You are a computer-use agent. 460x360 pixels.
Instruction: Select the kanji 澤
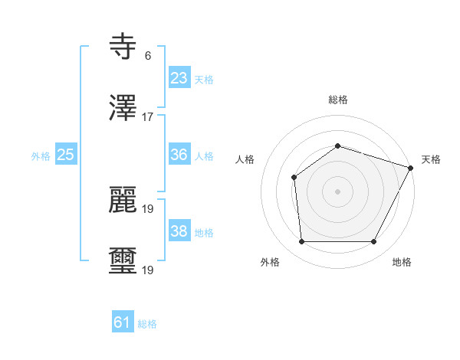click(x=123, y=109)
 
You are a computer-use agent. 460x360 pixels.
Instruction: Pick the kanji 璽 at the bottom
click(x=123, y=262)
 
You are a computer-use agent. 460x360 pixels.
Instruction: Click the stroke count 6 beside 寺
click(x=147, y=56)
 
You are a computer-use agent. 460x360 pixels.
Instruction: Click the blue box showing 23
click(x=179, y=78)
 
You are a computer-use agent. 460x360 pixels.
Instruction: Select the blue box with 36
click(x=179, y=155)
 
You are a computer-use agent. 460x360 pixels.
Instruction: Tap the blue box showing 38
click(x=179, y=231)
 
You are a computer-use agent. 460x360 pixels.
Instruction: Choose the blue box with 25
click(x=66, y=155)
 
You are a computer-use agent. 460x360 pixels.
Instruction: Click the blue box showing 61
click(x=123, y=323)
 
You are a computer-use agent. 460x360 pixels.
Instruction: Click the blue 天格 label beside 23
click(x=203, y=80)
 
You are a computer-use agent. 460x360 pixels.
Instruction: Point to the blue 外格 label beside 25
click(x=41, y=156)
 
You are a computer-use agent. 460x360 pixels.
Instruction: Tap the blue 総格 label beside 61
click(x=147, y=324)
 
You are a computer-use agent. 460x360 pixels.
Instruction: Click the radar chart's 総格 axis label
click(x=338, y=100)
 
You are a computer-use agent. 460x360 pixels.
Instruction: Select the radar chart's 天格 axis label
click(x=431, y=159)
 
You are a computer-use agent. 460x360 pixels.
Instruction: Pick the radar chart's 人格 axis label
click(x=245, y=159)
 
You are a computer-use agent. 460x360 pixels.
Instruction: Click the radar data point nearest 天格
click(x=411, y=168)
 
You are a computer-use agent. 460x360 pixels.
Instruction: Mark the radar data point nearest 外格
click(x=301, y=242)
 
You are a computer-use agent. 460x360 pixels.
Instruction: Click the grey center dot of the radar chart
click(x=337, y=191)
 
